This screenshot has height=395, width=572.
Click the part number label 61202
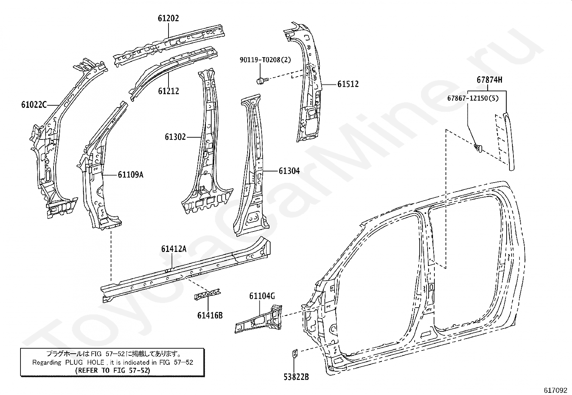coord(168,18)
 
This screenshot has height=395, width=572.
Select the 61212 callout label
coord(168,91)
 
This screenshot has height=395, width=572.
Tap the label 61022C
coord(34,105)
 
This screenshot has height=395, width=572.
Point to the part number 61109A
coord(131,175)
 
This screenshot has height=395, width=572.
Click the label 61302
coord(175,137)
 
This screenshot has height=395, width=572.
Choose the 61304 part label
coord(289,171)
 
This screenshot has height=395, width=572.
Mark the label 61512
coord(348,84)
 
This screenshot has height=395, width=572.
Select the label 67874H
coord(489,80)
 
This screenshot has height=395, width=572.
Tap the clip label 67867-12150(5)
coord(473,98)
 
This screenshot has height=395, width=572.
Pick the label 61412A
coord(174,249)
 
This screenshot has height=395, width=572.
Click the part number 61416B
coord(210,316)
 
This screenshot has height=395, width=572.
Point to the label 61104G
coord(262,296)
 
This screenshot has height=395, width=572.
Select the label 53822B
coord(296,377)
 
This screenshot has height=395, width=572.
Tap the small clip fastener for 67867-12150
coord(478,147)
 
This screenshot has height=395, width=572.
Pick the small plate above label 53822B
coord(294,354)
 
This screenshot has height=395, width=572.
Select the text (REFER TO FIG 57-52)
coord(112,370)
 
